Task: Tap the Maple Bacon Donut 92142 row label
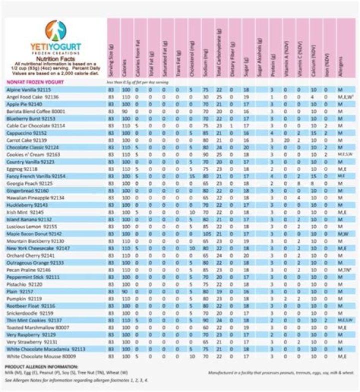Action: click(x=33, y=233)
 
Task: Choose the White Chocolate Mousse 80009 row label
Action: click(x=34, y=356)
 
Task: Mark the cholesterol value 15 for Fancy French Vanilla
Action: click(x=192, y=176)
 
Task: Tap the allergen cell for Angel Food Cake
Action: click(x=342, y=96)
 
